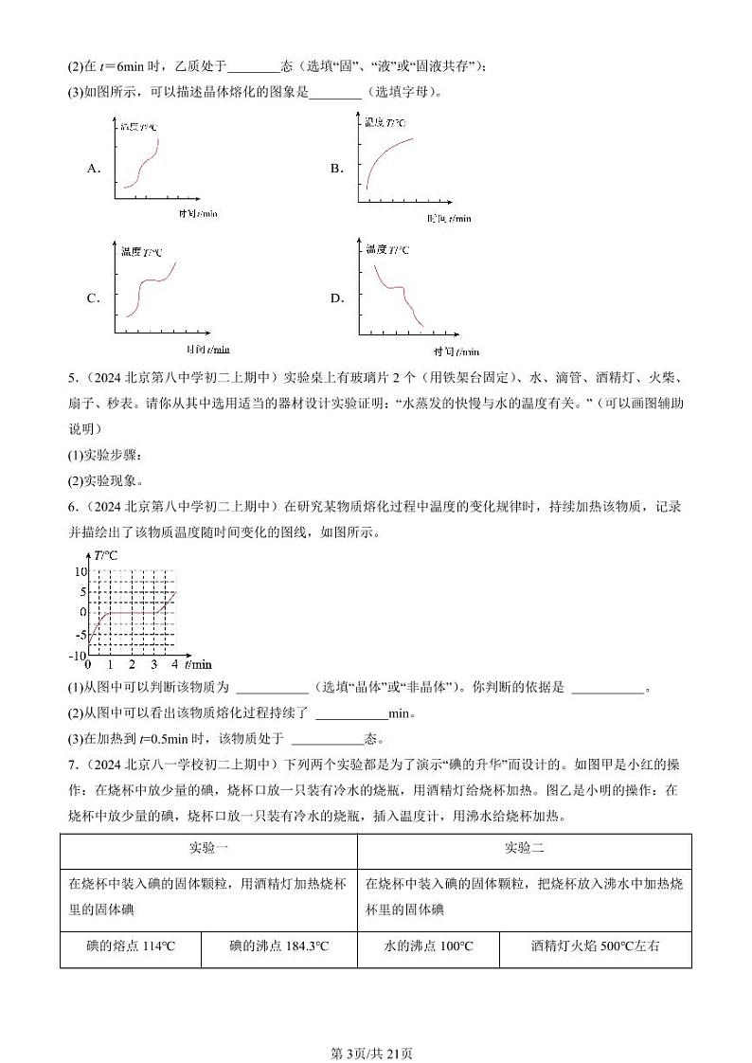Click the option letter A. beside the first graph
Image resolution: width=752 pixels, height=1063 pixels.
pyautogui.click(x=93, y=168)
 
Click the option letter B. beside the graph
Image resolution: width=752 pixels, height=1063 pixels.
pyautogui.click(x=336, y=168)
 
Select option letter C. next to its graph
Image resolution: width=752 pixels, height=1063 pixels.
pyautogui.click(x=93, y=297)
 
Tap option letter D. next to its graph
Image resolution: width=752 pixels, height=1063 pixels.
pyautogui.click(x=336, y=297)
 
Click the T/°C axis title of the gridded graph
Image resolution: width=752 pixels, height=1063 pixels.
pyautogui.click(x=105, y=555)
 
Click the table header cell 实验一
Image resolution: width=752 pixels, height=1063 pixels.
pyautogui.click(x=208, y=849)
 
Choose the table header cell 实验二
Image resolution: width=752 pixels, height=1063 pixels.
pyautogui.click(x=524, y=849)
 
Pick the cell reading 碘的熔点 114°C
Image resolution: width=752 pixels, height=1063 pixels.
pyautogui.click(x=131, y=946)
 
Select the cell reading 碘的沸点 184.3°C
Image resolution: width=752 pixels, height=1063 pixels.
pyautogui.click(x=278, y=946)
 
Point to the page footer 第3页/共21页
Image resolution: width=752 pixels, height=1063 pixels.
pyautogui.click(x=375, y=1028)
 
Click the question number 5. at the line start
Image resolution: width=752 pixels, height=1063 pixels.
pyautogui.click(x=72, y=379)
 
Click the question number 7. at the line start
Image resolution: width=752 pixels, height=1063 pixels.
pyautogui.click(x=72, y=763)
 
